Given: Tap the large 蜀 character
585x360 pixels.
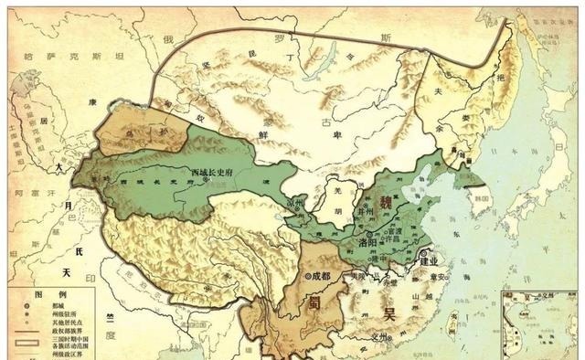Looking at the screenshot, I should point(310,304).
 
